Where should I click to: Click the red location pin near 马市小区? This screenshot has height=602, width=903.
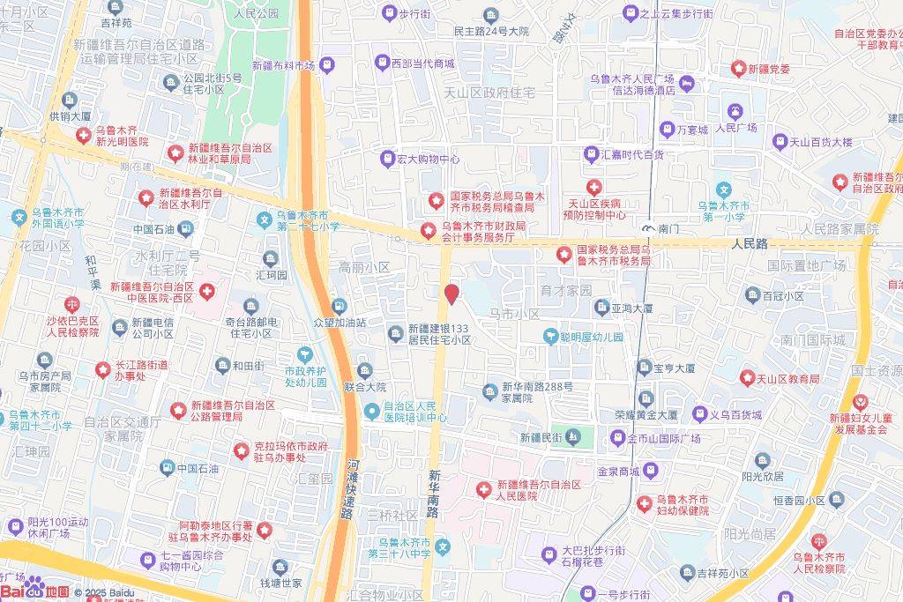coord(451,294)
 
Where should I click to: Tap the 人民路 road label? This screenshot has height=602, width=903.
coord(750,243)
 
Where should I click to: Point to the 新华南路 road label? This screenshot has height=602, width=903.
coord(434,494)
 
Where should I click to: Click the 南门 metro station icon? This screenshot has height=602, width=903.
coord(649,228)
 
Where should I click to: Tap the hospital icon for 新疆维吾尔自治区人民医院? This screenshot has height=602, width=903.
coord(484,489)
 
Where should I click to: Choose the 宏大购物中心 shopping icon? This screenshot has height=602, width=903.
coord(386,160)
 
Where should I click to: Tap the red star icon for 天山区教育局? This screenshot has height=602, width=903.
coord(747,378)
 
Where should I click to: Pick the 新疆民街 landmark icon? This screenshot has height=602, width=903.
coord(573,436)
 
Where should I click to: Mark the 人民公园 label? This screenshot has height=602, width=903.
coord(256,13)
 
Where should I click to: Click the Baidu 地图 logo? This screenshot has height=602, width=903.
coord(35,591)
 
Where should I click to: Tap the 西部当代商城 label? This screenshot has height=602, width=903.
coord(422,63)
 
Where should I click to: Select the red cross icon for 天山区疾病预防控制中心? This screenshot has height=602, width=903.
coord(594,187)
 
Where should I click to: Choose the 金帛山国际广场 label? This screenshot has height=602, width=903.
coord(663,438)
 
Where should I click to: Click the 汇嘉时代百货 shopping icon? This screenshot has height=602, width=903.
coord(592,154)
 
